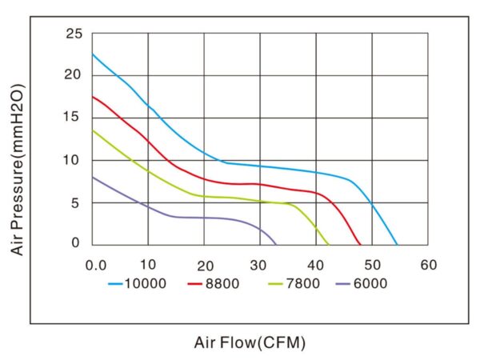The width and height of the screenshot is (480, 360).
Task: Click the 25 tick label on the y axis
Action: coord(74,34)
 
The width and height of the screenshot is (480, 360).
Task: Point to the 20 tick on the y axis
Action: coord(74,75)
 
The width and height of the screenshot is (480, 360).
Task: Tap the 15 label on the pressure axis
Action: coord(74,118)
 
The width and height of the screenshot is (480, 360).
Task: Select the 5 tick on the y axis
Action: coord(78,202)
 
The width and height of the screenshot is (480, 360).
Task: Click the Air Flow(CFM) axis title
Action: coord(250,343)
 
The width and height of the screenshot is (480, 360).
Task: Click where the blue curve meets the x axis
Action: coord(397,245)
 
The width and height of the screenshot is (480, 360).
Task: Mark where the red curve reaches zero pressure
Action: coord(361,245)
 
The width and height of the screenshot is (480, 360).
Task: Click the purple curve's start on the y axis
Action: coord(92,177)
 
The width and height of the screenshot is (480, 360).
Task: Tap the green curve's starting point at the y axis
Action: coord(92,130)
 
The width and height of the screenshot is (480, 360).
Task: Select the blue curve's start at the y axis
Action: coord(92,54)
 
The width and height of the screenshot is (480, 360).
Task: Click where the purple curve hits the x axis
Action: coord(276,245)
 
